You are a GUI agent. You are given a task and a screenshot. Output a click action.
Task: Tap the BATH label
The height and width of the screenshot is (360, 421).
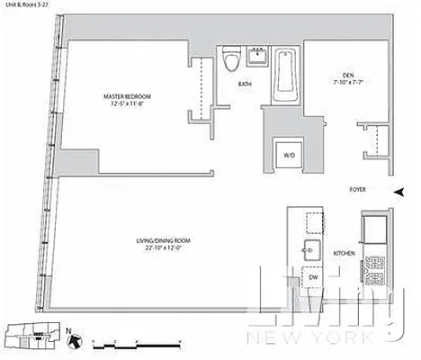click(245, 85)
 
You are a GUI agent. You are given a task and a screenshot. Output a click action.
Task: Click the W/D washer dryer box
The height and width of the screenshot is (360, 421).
click(289, 155)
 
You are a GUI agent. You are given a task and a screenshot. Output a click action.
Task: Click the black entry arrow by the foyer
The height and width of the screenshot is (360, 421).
click(400, 191)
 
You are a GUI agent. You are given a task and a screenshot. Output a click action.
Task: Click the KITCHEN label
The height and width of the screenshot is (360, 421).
click(345, 255)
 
